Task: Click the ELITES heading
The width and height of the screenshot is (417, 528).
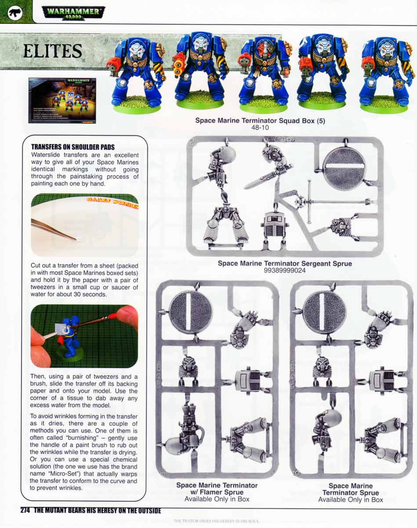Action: tap(52, 51)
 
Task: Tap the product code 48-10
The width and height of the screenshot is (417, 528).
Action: tap(260, 128)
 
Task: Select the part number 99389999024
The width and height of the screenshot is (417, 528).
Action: tap(285, 271)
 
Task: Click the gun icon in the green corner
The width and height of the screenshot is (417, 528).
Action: tap(15, 12)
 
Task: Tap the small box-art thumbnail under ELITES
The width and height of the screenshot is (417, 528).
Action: tap(62, 100)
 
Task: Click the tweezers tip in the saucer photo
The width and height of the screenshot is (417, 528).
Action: tap(76, 239)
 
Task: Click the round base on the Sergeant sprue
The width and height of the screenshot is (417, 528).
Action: tap(344, 166)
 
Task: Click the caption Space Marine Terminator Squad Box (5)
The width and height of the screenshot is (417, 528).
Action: tap(260, 121)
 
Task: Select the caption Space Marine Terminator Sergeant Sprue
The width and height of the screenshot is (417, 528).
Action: tap(285, 264)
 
